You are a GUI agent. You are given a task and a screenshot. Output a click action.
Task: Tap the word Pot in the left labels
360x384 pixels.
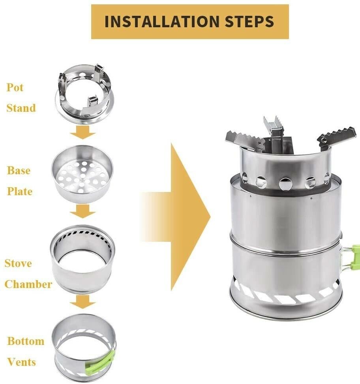coord(15,87)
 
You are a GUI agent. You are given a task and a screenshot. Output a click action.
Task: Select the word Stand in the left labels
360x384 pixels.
coord(21,108)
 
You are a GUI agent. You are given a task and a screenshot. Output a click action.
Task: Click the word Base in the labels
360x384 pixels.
coord(19,171)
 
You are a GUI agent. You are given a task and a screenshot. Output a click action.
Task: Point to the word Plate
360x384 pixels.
coord(20,192)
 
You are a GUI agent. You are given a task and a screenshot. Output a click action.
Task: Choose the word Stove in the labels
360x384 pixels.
coord(18,263)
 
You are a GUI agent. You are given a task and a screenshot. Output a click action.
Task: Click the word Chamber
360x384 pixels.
coord(28,284)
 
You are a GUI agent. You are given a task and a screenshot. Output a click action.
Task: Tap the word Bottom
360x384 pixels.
coord(26,341)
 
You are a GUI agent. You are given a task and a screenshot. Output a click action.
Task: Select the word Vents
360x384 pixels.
coord(21,362)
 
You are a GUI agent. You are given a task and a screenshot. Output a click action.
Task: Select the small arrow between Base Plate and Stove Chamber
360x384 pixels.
coord(83,213)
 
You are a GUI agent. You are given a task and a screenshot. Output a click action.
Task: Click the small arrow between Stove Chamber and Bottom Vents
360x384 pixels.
coord(83,303)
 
